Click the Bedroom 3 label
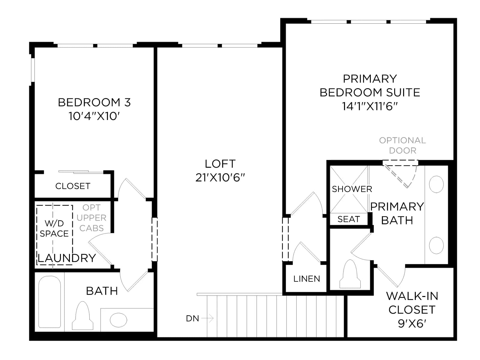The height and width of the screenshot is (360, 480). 94,102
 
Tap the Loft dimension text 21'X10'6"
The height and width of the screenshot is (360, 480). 220,178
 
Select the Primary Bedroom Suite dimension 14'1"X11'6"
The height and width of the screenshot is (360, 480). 370,106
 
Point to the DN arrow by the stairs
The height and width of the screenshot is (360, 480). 207,318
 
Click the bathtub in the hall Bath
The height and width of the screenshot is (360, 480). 49,301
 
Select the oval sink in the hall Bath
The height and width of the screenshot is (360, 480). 118,320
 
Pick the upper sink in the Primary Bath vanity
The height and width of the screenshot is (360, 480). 436,184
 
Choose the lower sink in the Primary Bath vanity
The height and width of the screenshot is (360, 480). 436,245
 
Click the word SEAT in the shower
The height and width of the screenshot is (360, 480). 349,219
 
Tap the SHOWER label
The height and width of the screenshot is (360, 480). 352,189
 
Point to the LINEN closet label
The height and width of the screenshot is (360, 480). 307,279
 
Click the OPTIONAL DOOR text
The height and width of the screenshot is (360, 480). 403,145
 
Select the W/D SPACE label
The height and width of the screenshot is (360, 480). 54,228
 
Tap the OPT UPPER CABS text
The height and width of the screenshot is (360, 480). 91,218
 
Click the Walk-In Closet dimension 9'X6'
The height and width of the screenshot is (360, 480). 412,324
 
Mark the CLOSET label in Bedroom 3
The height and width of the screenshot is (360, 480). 73,186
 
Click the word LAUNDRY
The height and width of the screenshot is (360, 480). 67,258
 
